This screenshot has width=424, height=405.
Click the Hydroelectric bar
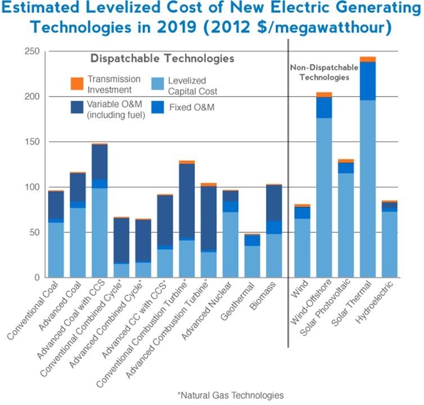390,239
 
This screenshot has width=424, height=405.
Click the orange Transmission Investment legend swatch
77,83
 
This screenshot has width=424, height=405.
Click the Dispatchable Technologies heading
163,58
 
